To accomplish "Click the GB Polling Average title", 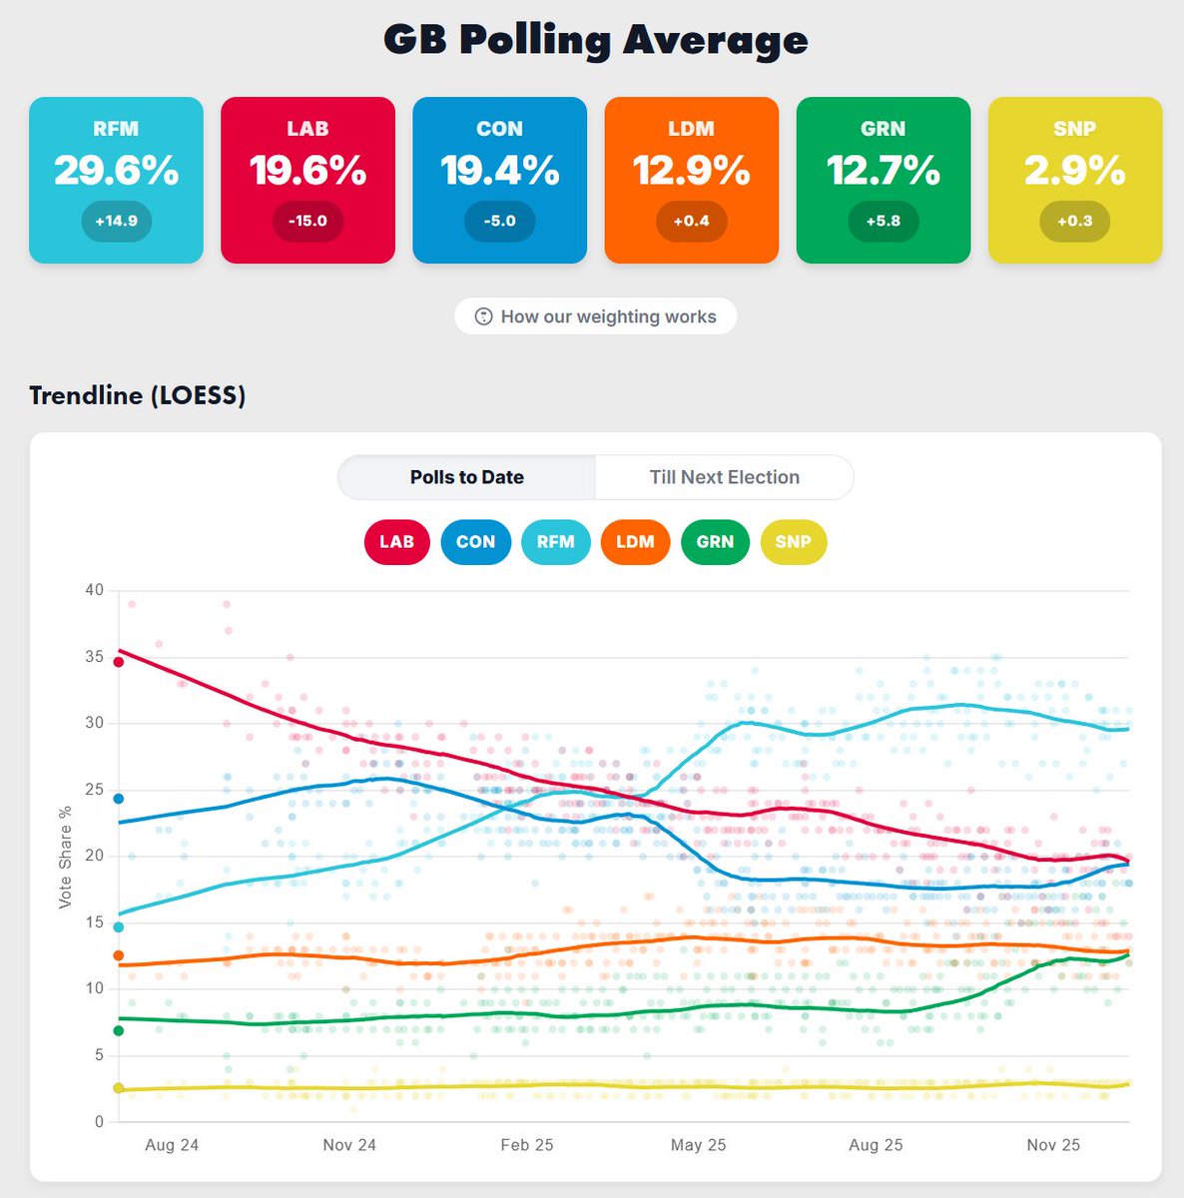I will pos(595,40).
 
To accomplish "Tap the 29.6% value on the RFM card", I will pos(116,171).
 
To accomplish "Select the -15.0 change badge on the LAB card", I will pos(307,221).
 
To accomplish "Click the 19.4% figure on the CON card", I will pos(499,171).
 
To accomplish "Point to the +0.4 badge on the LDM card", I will pos(691,221).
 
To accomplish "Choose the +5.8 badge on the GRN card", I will pos(883,221).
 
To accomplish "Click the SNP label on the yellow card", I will pos(1074,129).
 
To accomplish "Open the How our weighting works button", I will pos(595,316).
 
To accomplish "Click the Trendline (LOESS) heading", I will pos(137,395).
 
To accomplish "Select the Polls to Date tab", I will pos(466,477).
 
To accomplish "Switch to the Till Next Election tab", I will pos(724,477).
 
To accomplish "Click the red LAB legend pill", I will pos(396,542).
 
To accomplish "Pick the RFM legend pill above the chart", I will pos(555,542).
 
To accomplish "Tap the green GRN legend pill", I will pos(715,542).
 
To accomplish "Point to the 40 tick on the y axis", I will pos(94,590).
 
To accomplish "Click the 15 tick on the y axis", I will pos(94,922).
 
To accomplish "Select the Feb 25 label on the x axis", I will pos(526,1145).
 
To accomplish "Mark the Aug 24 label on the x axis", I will pos(172,1145).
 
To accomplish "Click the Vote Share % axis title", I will pos(66,857).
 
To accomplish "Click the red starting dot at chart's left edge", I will pos(118,661).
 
